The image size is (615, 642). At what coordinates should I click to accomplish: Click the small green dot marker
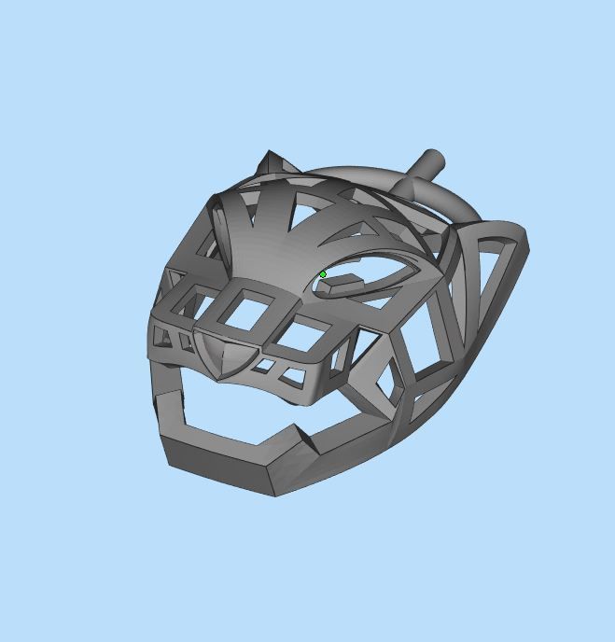tap(323, 274)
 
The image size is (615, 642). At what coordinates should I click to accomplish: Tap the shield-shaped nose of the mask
tap(220, 356)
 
